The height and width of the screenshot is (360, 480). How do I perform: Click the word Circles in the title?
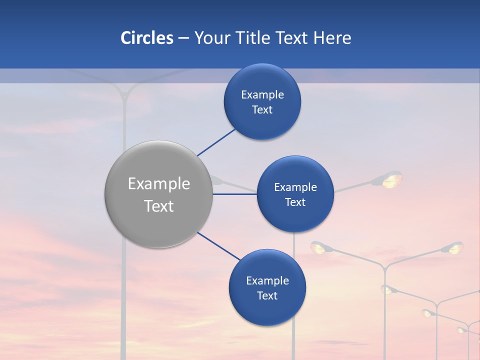coord(147,38)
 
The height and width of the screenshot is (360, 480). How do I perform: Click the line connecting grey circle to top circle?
coord(216,142)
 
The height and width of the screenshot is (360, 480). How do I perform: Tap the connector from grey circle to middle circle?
coord(234,194)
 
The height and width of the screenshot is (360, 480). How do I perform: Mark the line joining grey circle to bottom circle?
coord(218,246)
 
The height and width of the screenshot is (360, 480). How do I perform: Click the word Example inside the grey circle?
coord(159,184)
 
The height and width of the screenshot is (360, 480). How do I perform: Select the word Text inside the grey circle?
coord(159,206)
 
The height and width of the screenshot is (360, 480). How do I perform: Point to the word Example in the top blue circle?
coord(262,95)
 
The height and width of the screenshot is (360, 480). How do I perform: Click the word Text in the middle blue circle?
coord(295,202)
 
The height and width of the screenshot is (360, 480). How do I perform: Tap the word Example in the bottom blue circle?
coord(267,281)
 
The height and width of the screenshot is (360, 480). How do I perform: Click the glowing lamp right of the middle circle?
coord(391,180)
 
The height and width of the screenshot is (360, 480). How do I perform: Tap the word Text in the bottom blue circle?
coord(267,296)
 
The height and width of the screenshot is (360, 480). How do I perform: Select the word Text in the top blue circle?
coord(262,110)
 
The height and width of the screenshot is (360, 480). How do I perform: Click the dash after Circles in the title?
coord(183,38)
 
